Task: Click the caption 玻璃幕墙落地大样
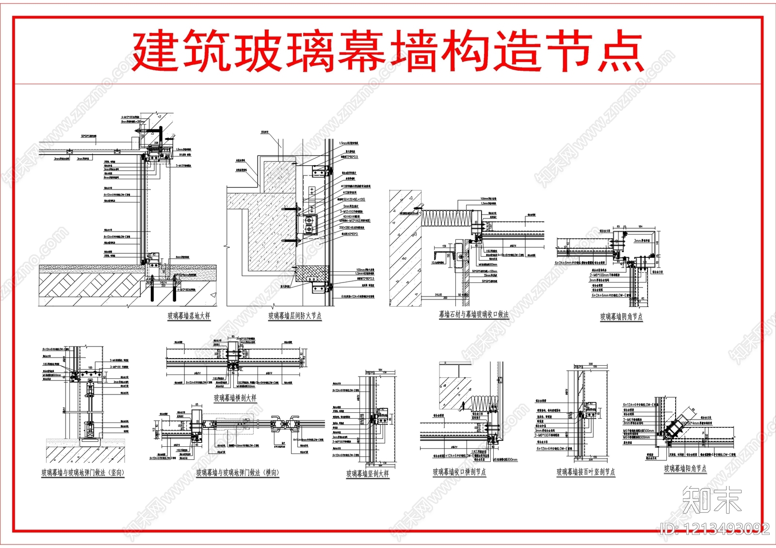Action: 189,316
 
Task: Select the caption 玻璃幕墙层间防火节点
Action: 295,316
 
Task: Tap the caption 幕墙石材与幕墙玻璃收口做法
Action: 474,314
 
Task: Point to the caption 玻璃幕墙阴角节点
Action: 621,317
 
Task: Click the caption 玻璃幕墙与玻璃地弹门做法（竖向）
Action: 82,473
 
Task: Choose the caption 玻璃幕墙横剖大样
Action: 235,398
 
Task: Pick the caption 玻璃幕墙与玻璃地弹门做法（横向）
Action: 238,473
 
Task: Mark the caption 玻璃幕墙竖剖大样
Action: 367,474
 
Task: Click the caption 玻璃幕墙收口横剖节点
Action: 459,472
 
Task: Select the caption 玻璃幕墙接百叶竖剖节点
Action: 585,472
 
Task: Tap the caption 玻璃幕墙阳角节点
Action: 685,469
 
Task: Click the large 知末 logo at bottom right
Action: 711,501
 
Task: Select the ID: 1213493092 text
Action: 714,529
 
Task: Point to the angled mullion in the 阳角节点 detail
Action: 675,426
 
